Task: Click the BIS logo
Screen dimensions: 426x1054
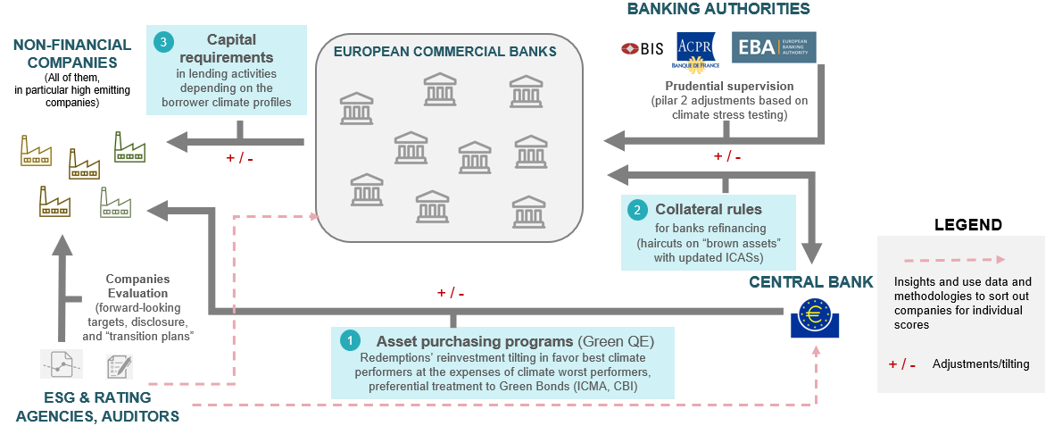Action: tap(642, 49)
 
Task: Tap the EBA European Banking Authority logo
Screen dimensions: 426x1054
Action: tap(773, 47)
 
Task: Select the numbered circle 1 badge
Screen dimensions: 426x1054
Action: tap(351, 340)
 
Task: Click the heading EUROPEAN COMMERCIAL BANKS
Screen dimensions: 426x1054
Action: tap(444, 51)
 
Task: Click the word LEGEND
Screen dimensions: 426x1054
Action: tap(967, 225)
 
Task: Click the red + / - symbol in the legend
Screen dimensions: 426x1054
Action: tap(901, 364)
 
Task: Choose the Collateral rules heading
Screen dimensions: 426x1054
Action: tap(708, 209)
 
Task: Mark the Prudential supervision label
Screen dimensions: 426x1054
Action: tap(729, 86)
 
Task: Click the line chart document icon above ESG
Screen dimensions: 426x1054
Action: tap(62, 363)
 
